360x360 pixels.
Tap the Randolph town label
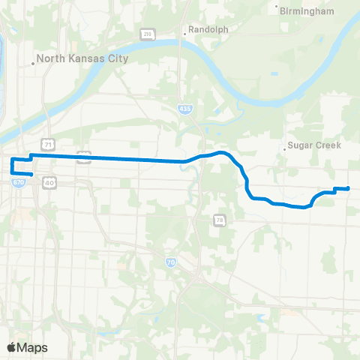pyautogui.click(x=208, y=30)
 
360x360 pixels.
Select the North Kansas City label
pyautogui.click(x=83, y=58)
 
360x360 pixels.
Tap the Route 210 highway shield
pyautogui.click(x=148, y=34)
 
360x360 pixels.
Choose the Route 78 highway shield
pyautogui.click(x=219, y=220)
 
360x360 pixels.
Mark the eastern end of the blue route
pyautogui.click(x=348, y=188)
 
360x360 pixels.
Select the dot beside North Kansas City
pyautogui.click(x=33, y=63)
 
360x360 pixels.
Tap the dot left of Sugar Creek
pyautogui.click(x=286, y=148)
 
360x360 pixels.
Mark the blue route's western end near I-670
pyautogui.click(x=31, y=175)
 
